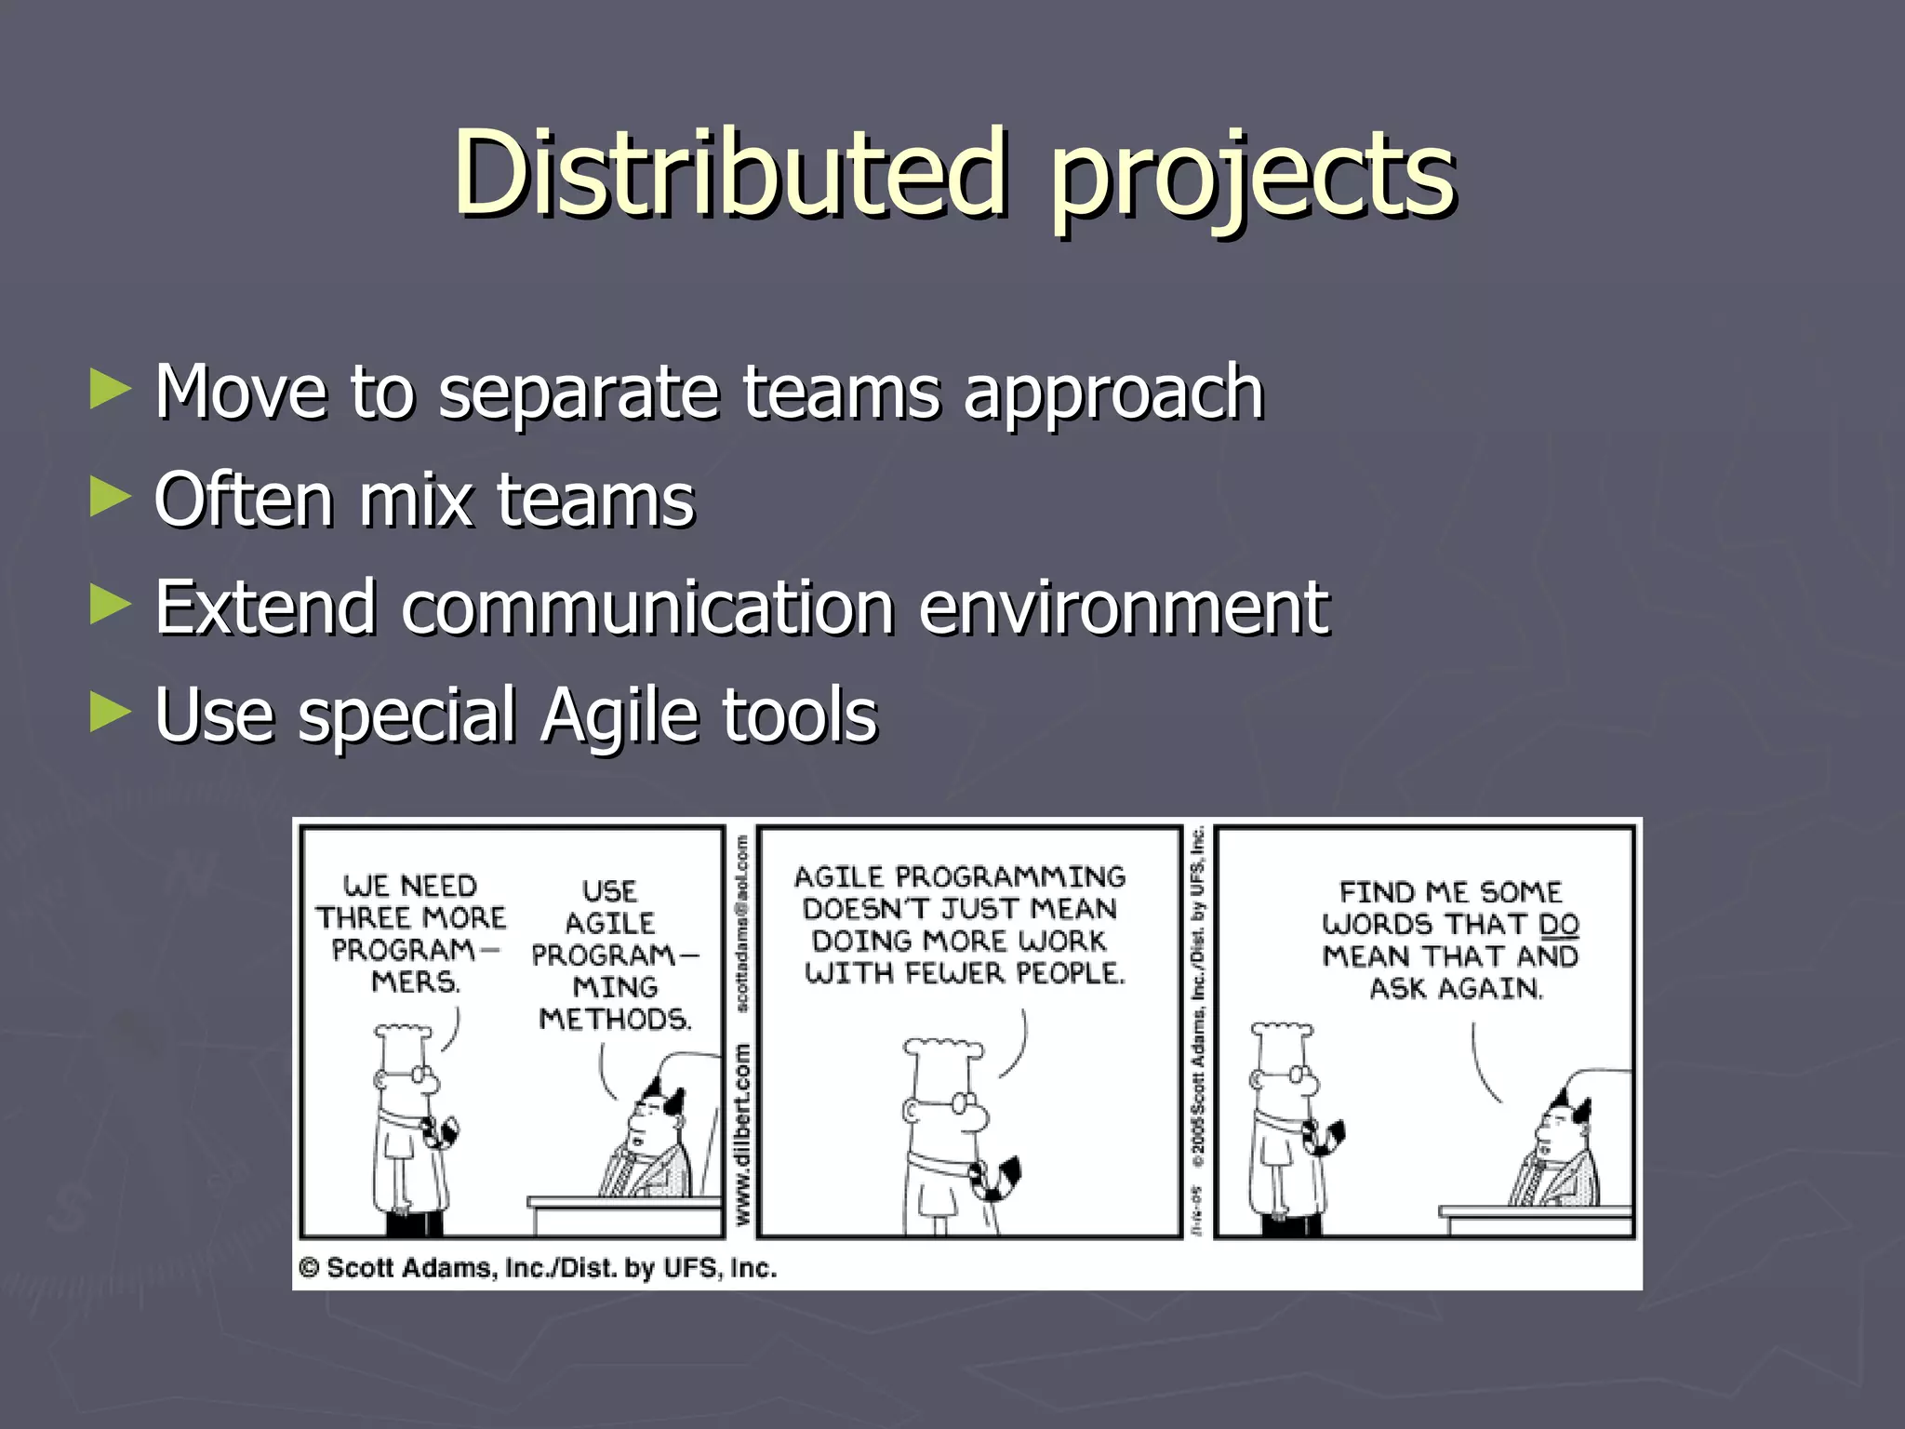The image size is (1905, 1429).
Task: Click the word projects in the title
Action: coord(1252,177)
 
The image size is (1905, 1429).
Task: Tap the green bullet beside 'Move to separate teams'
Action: coord(110,390)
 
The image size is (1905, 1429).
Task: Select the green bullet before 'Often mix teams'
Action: coord(110,498)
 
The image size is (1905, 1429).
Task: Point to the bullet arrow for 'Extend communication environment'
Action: coord(110,606)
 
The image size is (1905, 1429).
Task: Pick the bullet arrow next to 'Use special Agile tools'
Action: coord(110,714)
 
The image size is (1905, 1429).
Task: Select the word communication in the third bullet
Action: coord(648,608)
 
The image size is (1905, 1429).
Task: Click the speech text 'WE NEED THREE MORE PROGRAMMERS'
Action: coord(410,933)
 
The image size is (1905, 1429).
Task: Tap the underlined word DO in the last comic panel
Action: coord(1559,924)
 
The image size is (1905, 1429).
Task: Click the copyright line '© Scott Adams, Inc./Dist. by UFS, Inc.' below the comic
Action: coord(538,1268)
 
